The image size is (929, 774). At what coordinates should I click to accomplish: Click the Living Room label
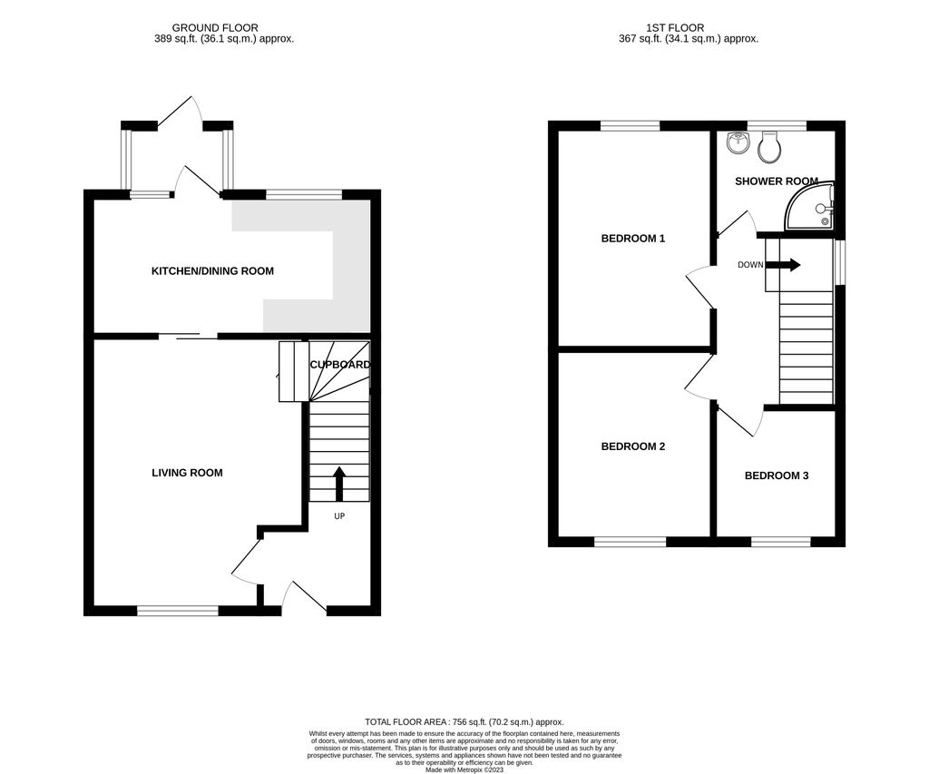coord(187,473)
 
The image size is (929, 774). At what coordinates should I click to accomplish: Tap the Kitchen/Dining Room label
coord(212,271)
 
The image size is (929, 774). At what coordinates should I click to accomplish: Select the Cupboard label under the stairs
coord(339,365)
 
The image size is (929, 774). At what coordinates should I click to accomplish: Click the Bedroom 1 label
coord(633,239)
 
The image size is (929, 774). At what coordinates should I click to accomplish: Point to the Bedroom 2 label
coord(633,446)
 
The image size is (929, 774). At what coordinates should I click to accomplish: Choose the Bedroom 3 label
coord(776,475)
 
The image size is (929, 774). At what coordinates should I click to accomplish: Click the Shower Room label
coord(776,181)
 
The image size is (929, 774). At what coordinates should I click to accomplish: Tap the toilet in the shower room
coord(770,145)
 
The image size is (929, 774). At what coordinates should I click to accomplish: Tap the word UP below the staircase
coord(339,515)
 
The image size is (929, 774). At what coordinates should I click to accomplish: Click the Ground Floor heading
coord(215,28)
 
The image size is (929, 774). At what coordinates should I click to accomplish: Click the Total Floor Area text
coord(464,722)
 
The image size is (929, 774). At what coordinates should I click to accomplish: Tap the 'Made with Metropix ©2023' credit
coord(464,769)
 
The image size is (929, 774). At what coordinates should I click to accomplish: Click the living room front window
coord(178,612)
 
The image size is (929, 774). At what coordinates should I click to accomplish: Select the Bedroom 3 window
coord(780,542)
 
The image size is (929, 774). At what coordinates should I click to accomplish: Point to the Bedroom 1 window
coord(630,126)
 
